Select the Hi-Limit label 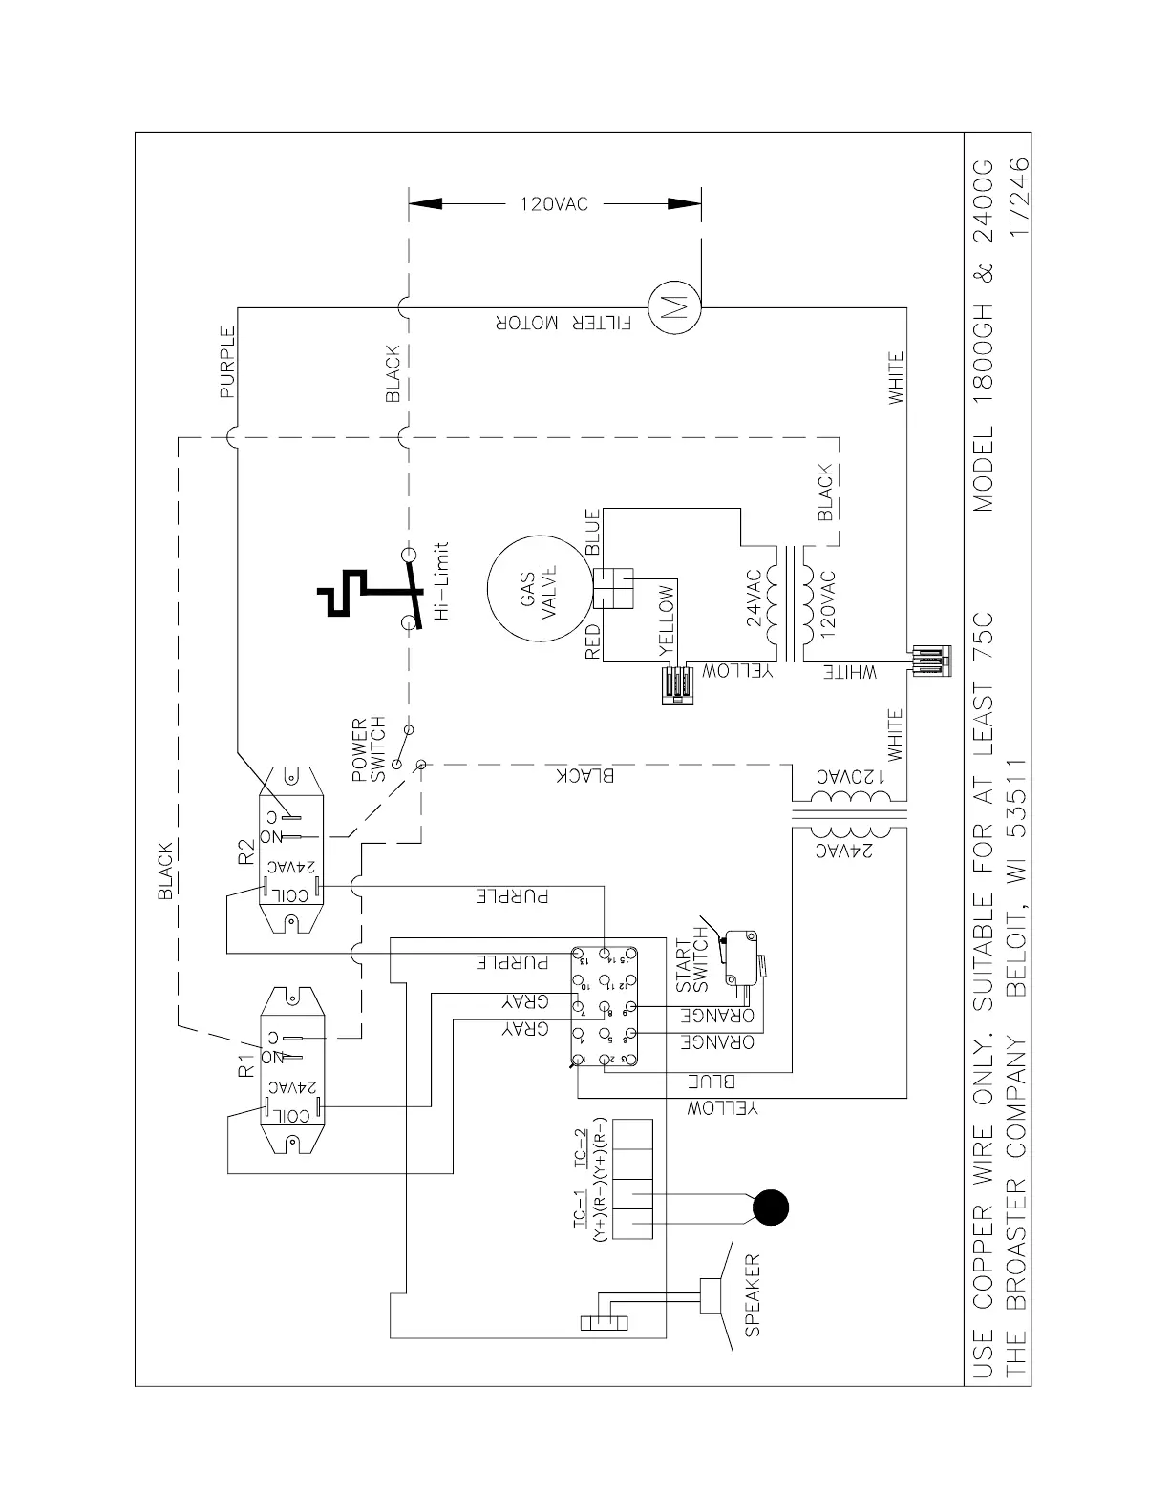click(x=440, y=581)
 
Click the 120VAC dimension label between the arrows click(x=554, y=204)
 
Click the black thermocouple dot click(x=770, y=1208)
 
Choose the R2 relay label click(x=246, y=850)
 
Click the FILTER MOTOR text click(x=563, y=324)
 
